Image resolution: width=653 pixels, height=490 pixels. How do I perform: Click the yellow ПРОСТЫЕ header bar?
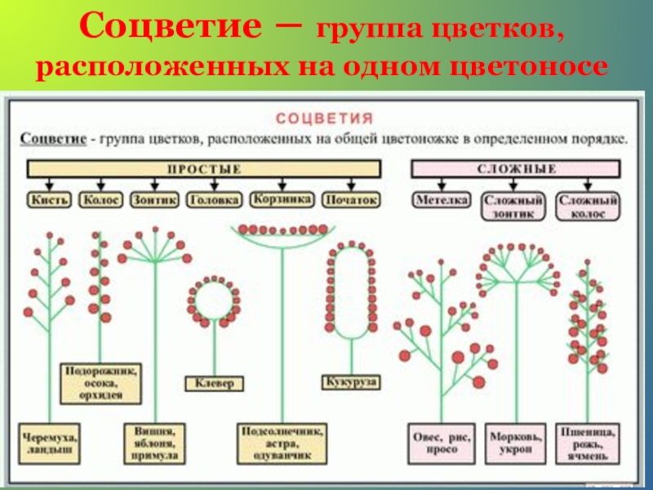click(205, 169)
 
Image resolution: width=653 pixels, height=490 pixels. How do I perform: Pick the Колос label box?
click(101, 199)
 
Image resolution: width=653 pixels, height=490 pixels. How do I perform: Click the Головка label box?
click(214, 199)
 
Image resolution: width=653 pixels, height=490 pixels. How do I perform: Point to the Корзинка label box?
click(282, 199)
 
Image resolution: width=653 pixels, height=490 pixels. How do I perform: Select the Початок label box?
click(351, 199)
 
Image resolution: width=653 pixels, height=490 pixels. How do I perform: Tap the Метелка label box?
click(441, 199)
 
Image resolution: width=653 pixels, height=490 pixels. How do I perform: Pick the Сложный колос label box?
click(588, 205)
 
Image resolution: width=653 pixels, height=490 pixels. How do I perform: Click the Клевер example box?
click(215, 382)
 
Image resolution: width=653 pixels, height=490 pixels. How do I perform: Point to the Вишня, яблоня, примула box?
click(155, 442)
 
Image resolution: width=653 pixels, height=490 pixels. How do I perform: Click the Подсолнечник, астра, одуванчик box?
click(282, 442)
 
